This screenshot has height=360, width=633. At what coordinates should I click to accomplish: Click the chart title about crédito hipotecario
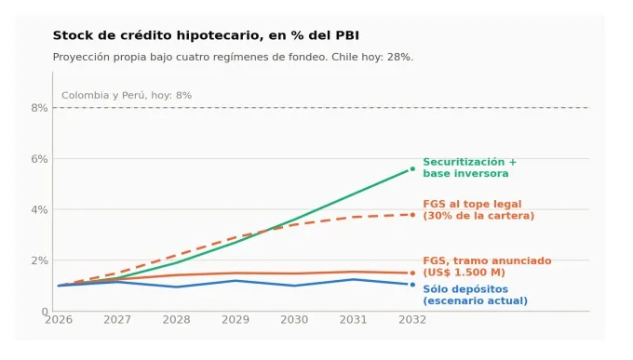pos(206,36)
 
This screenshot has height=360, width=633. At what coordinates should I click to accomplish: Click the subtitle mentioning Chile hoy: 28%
pos(233,57)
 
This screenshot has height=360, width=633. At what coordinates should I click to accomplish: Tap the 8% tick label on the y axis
pos(39,108)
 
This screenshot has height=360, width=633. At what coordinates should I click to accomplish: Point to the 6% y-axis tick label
pos(39,159)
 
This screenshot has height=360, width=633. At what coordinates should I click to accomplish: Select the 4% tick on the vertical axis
pos(39,210)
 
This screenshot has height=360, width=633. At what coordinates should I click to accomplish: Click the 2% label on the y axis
pos(39,260)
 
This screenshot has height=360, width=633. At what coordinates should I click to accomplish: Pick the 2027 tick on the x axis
pos(117,320)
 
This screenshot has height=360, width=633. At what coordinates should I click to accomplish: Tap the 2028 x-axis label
pos(177,320)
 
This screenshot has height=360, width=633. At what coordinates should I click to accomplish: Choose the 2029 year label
pos(236,320)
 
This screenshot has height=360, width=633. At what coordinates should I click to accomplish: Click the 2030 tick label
pos(294,320)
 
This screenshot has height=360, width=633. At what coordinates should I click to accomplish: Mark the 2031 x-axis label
pos(353,320)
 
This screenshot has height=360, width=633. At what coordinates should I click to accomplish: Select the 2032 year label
pos(412,320)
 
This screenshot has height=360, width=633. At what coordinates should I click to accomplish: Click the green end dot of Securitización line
pos(412,169)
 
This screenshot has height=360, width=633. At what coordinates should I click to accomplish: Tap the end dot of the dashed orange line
pos(412,215)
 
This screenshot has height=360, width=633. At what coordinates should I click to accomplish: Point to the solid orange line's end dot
pos(412,273)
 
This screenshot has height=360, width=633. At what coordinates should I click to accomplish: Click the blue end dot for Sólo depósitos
pos(412,285)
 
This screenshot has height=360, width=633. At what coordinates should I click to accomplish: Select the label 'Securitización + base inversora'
pos(469,167)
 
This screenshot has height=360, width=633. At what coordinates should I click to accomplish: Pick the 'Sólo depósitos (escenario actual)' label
pos(475,295)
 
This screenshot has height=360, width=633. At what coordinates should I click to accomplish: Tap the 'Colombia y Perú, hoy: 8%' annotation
pos(127,96)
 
